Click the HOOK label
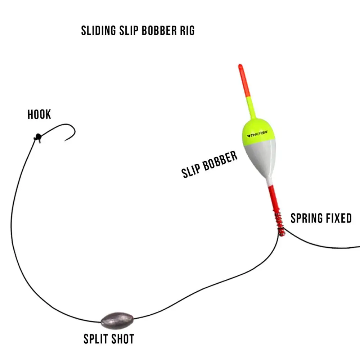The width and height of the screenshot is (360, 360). click(x=39, y=115)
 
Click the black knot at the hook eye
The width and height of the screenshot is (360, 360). click(x=37, y=137)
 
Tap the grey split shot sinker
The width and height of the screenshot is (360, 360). click(x=117, y=319)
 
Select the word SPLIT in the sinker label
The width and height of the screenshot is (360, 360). click(x=95, y=339)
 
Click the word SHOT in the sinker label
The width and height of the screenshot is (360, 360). click(x=122, y=339)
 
